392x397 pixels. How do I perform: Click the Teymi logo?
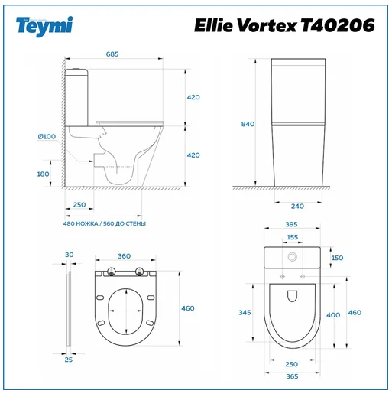click(44, 25)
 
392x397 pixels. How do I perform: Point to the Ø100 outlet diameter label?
click(47, 136)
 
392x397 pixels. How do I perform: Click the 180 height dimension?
click(43, 174)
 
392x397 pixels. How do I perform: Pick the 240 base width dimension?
click(297, 205)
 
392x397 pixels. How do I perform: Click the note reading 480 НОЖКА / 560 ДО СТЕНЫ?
click(105, 223)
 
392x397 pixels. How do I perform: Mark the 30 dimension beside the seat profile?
click(69, 255)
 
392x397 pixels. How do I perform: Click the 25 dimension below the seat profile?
click(69, 359)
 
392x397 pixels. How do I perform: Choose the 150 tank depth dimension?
click(337, 258)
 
